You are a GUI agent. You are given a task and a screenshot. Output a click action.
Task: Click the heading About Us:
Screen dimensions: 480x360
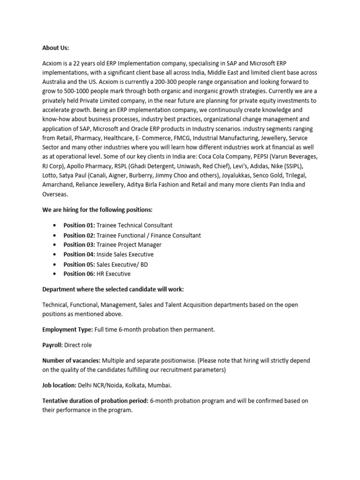tap(55, 48)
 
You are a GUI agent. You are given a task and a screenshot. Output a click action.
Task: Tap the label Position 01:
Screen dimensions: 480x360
tap(79, 225)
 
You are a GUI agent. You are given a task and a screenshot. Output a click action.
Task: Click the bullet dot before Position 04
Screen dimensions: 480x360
tap(56, 255)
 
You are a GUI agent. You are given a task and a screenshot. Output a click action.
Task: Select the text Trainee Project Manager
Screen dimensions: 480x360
tap(129, 245)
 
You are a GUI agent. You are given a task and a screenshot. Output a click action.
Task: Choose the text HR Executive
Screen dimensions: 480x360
tap(113, 274)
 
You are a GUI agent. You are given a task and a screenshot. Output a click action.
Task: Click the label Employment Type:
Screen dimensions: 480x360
tap(67, 330)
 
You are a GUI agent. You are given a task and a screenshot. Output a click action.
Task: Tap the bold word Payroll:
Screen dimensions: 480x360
tap(52, 345)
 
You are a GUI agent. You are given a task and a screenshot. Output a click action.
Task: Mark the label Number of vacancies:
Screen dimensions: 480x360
tap(71, 360)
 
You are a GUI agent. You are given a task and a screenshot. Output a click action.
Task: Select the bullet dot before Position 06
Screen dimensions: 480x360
tap(56, 274)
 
